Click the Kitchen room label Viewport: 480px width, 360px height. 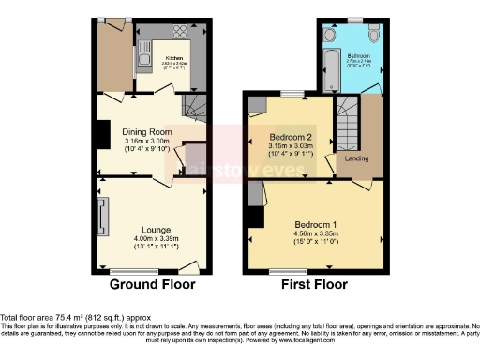point(172,55)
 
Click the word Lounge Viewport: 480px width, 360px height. point(156,229)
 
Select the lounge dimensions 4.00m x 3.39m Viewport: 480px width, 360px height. point(156,239)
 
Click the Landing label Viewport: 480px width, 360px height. point(356,158)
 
